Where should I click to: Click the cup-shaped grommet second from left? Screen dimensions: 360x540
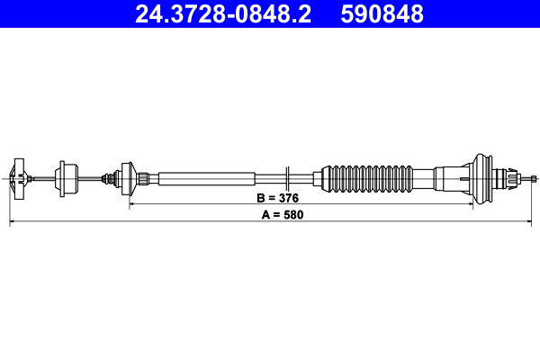click(65, 176)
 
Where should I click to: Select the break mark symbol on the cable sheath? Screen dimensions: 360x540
click(285, 176)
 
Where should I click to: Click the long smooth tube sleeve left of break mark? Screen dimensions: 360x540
click(207, 176)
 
